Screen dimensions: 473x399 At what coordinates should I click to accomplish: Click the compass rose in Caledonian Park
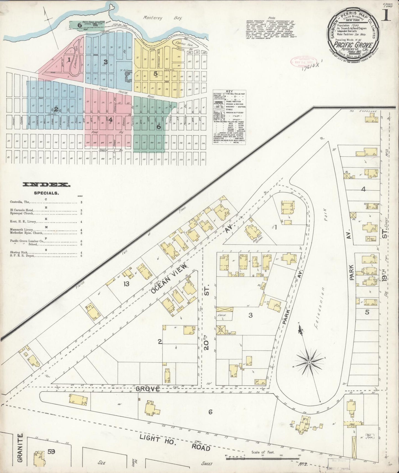click(x=310, y=362)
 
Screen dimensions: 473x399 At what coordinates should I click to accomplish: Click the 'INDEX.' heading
click(x=47, y=185)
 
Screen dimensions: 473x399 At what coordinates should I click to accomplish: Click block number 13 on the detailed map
click(x=126, y=284)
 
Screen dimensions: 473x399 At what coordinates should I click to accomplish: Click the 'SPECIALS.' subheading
click(x=46, y=193)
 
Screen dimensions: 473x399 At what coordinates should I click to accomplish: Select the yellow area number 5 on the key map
click(x=156, y=73)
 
